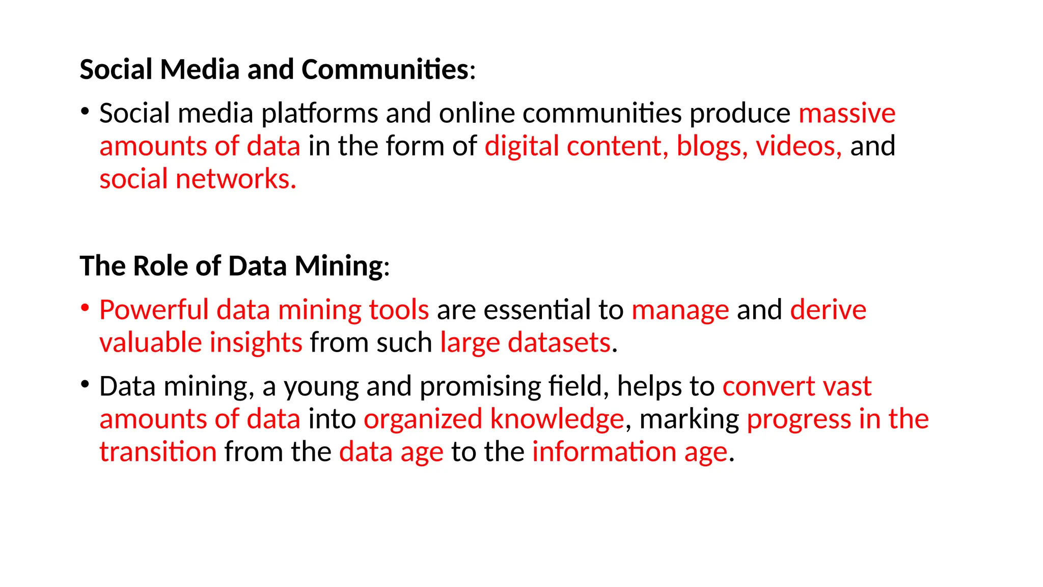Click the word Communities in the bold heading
[385, 69]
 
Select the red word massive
[846, 113]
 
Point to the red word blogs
[711, 146]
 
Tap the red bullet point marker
[85, 307]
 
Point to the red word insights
[256, 342]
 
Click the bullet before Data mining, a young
[85, 384]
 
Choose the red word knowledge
[557, 419]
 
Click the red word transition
[158, 452]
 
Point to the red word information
[604, 452]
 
